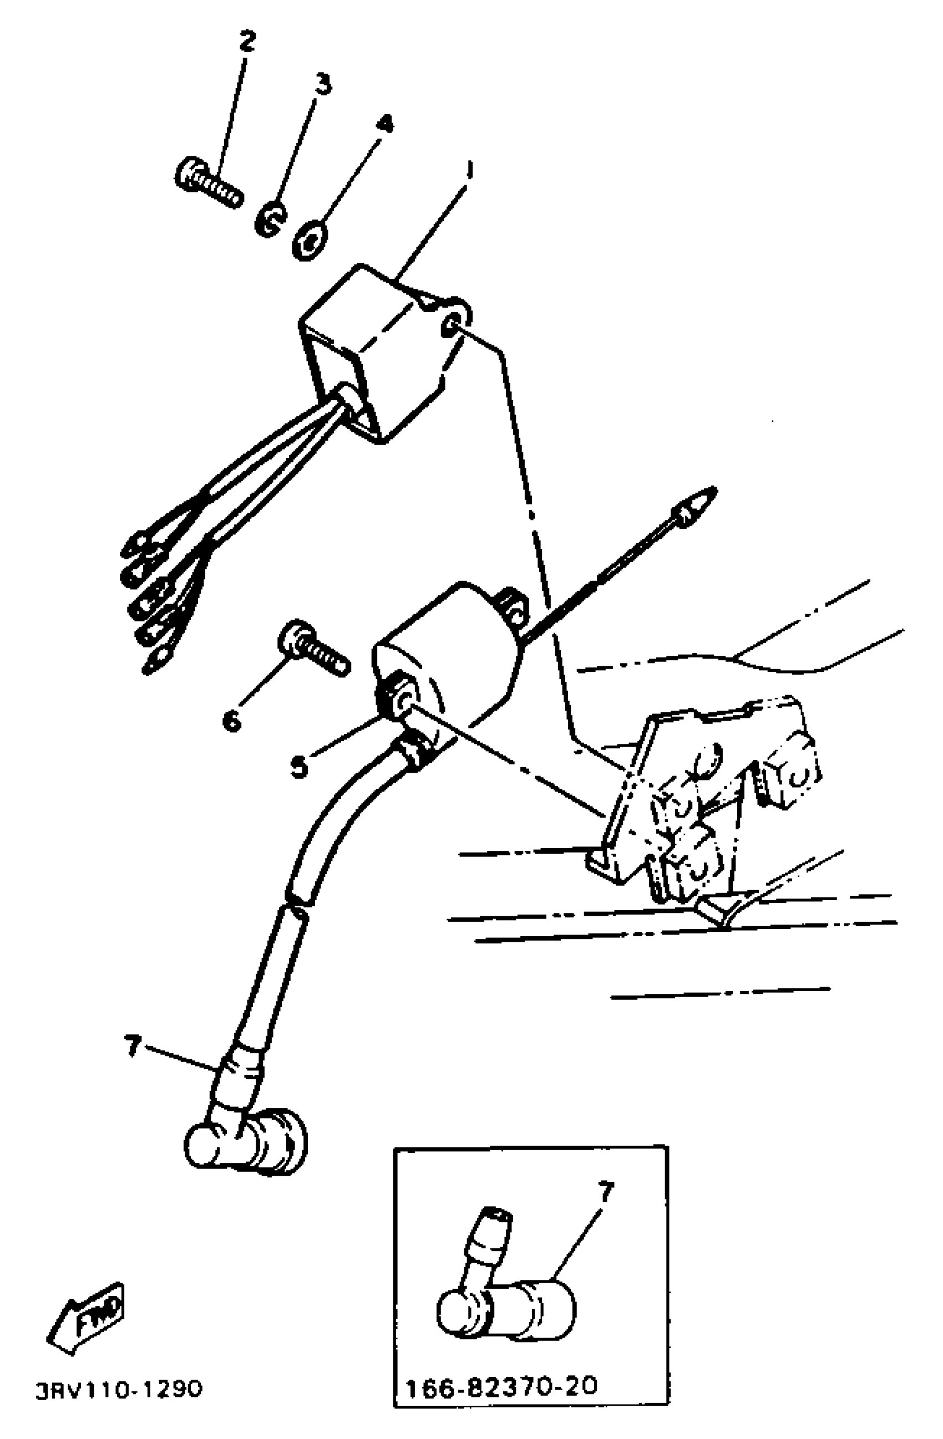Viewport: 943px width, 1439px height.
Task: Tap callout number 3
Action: [x=323, y=84]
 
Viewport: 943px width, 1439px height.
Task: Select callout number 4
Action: [x=384, y=125]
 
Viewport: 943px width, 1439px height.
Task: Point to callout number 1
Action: [x=469, y=171]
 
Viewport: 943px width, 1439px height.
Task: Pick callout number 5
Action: [x=299, y=767]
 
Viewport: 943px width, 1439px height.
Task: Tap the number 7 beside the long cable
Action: [x=133, y=1045]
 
